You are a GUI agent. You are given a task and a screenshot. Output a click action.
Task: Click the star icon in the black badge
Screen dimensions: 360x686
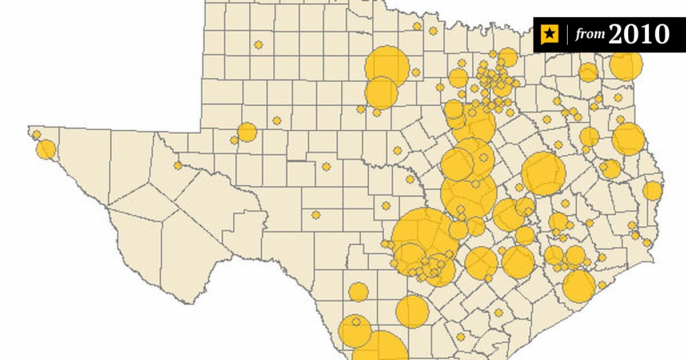(549, 35)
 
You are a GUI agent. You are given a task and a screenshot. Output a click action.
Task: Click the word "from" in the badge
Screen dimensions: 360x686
(590, 35)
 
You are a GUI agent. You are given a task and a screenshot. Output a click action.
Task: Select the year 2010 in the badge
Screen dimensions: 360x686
(639, 34)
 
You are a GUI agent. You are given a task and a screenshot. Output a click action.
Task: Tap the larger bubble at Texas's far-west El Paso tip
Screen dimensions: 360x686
(46, 150)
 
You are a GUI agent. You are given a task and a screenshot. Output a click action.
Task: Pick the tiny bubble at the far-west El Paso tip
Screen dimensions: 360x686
(37, 135)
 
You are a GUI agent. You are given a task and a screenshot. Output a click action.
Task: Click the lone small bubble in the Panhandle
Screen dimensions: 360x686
(258, 45)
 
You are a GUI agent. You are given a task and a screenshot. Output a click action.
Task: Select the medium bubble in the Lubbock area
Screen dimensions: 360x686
(247, 132)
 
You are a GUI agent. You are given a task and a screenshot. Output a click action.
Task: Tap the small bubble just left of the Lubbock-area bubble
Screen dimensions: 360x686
(234, 140)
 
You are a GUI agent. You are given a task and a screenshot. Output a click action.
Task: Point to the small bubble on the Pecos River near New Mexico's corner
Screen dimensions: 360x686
(178, 166)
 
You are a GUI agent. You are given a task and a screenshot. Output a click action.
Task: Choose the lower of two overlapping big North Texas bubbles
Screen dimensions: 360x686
(381, 93)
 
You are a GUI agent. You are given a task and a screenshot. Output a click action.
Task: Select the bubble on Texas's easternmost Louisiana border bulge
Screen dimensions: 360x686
(652, 190)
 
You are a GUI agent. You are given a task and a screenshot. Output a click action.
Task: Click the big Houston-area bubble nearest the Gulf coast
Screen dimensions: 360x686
(579, 286)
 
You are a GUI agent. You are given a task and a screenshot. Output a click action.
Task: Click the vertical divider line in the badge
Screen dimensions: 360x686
(568, 35)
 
